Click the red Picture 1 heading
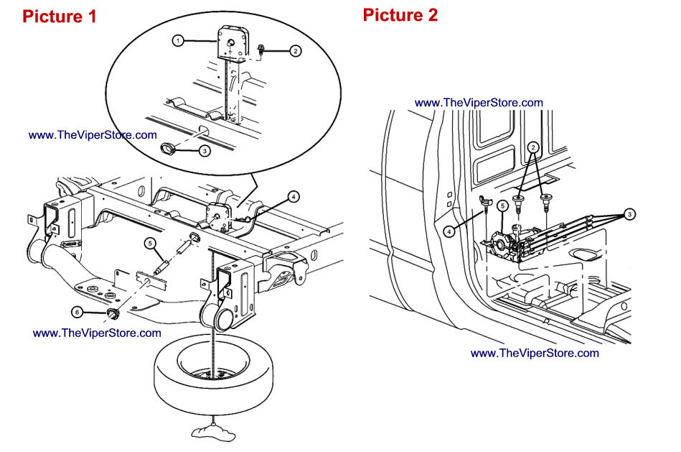60,17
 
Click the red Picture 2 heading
400,15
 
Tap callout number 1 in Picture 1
177,41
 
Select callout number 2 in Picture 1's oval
294,51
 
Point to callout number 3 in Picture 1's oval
205,151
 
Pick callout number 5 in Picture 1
150,242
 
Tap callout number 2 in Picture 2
532,147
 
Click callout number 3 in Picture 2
629,213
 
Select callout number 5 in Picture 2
504,206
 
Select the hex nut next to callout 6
112,314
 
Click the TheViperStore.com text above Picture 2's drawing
479,103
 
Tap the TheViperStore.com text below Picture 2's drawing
535,353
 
